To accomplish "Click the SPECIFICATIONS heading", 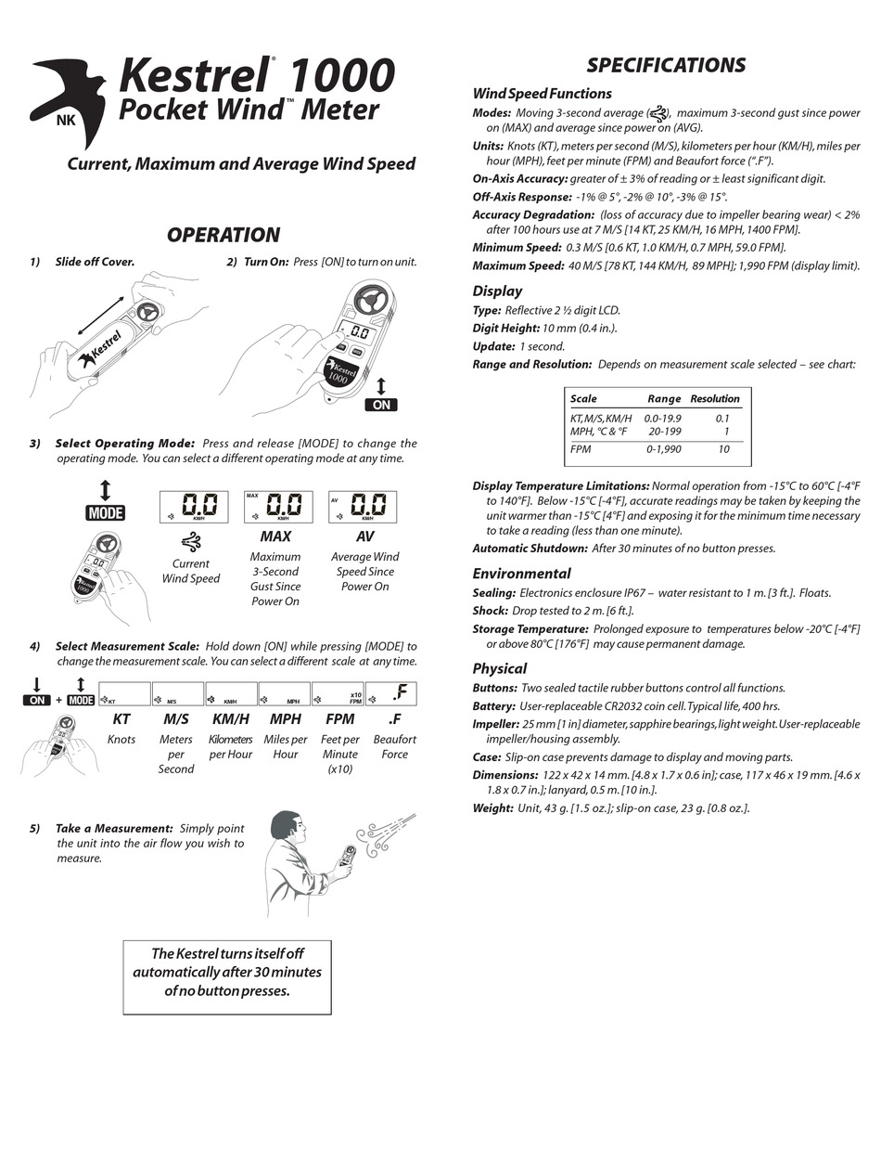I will (x=666, y=65).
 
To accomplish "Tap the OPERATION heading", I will (x=223, y=235).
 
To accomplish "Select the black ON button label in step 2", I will (x=381, y=405).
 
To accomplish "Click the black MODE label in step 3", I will (x=105, y=513).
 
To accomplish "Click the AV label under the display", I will (x=364, y=536).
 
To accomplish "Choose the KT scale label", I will (x=121, y=718).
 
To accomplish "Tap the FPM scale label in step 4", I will (x=339, y=718).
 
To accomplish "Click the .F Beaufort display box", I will (x=391, y=693).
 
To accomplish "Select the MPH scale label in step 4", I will (x=285, y=718).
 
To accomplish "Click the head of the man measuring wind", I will (x=288, y=828).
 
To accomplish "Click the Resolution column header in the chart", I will (x=714, y=399).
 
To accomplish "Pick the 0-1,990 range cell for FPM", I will (x=664, y=449).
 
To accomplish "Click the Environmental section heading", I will (x=521, y=574).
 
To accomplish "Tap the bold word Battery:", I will (x=494, y=706).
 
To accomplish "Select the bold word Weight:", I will (x=492, y=808).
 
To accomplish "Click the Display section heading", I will (x=497, y=291).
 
